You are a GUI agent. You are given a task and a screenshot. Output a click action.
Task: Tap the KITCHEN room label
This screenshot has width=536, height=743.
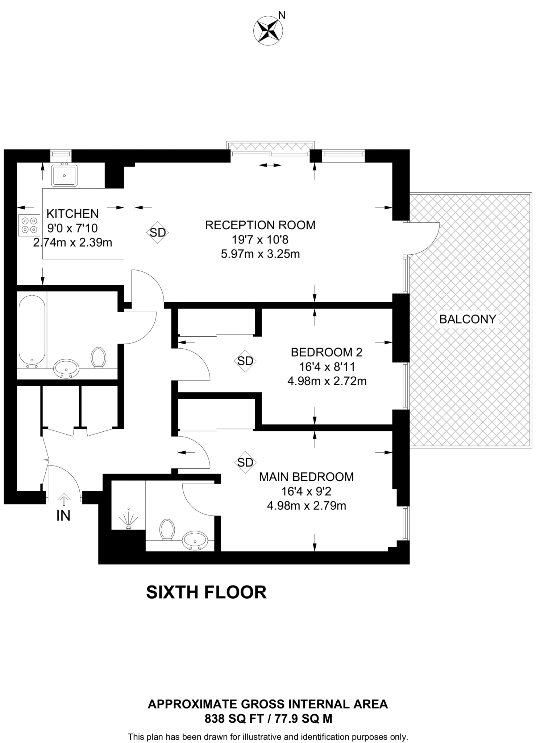coord(72,213)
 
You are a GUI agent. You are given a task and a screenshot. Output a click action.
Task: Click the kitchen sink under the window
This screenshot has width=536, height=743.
coord(64,175)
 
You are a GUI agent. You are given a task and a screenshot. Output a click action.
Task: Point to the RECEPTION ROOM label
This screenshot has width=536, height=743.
coord(260,225)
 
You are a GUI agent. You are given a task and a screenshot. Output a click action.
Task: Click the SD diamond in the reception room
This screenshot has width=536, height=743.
coord(158,233)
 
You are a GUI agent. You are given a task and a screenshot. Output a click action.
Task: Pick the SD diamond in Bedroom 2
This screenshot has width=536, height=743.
coord(245,361)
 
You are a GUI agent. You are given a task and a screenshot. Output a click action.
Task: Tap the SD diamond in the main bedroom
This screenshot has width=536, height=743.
coord(245,462)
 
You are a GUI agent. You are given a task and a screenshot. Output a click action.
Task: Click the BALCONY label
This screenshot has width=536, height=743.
coord(468,319)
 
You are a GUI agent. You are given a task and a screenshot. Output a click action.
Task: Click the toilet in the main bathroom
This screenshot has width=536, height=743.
coord(98,357)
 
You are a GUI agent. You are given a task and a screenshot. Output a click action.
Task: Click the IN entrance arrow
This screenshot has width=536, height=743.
coord(64,500)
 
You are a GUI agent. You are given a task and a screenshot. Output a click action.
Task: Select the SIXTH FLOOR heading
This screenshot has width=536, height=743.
coord(206,592)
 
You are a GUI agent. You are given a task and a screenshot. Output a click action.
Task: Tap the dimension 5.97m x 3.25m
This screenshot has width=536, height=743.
coord(260,254)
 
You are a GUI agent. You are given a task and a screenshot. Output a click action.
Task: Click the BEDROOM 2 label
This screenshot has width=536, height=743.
coord(327,352)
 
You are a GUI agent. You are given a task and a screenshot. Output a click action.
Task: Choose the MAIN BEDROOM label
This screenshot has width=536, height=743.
coord(306,477)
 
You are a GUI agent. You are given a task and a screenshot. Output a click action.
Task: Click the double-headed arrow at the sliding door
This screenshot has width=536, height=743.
coord(270,165)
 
